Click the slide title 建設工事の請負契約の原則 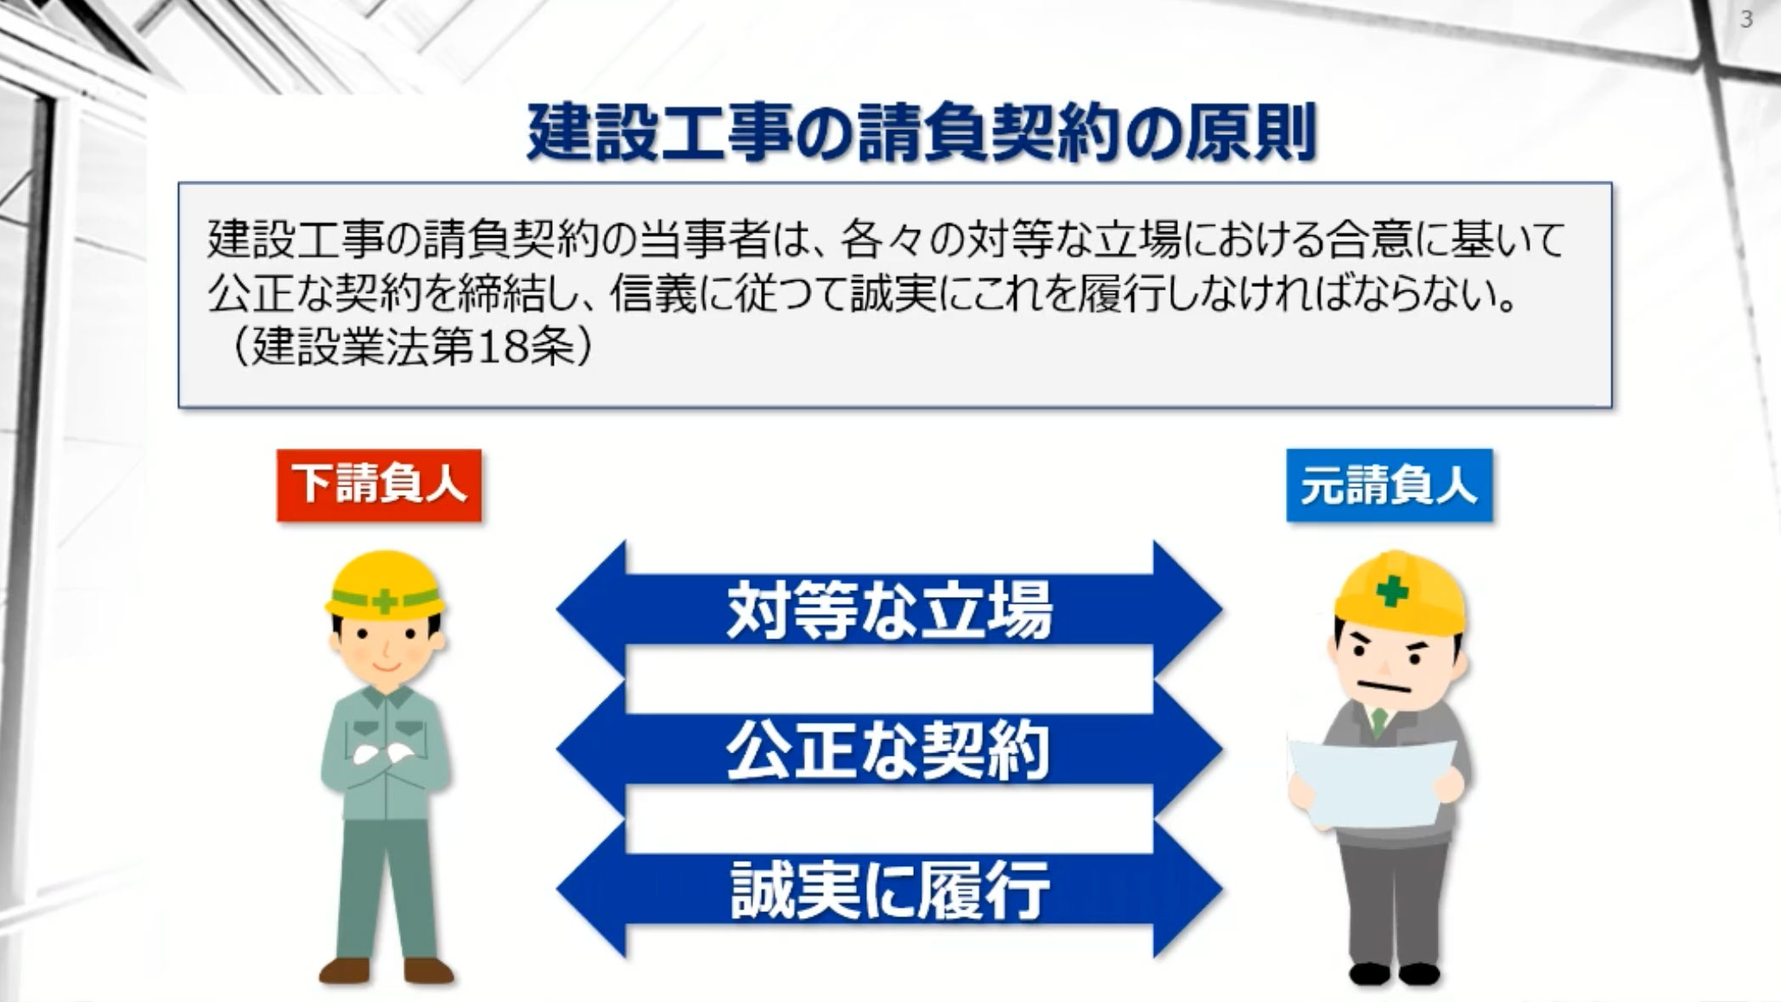pos(921,133)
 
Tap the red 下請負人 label pos(379,485)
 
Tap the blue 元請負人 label pos(1389,485)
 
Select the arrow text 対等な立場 pos(889,609)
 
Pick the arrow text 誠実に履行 pos(889,889)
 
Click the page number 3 pos(1746,20)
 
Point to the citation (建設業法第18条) pos(410,346)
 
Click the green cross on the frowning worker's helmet pos(1391,589)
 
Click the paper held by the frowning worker pos(1372,781)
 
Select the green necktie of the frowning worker pos(1378,723)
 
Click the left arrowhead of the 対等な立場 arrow pos(590,609)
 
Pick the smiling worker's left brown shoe pos(344,971)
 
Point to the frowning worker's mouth pos(1377,686)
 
